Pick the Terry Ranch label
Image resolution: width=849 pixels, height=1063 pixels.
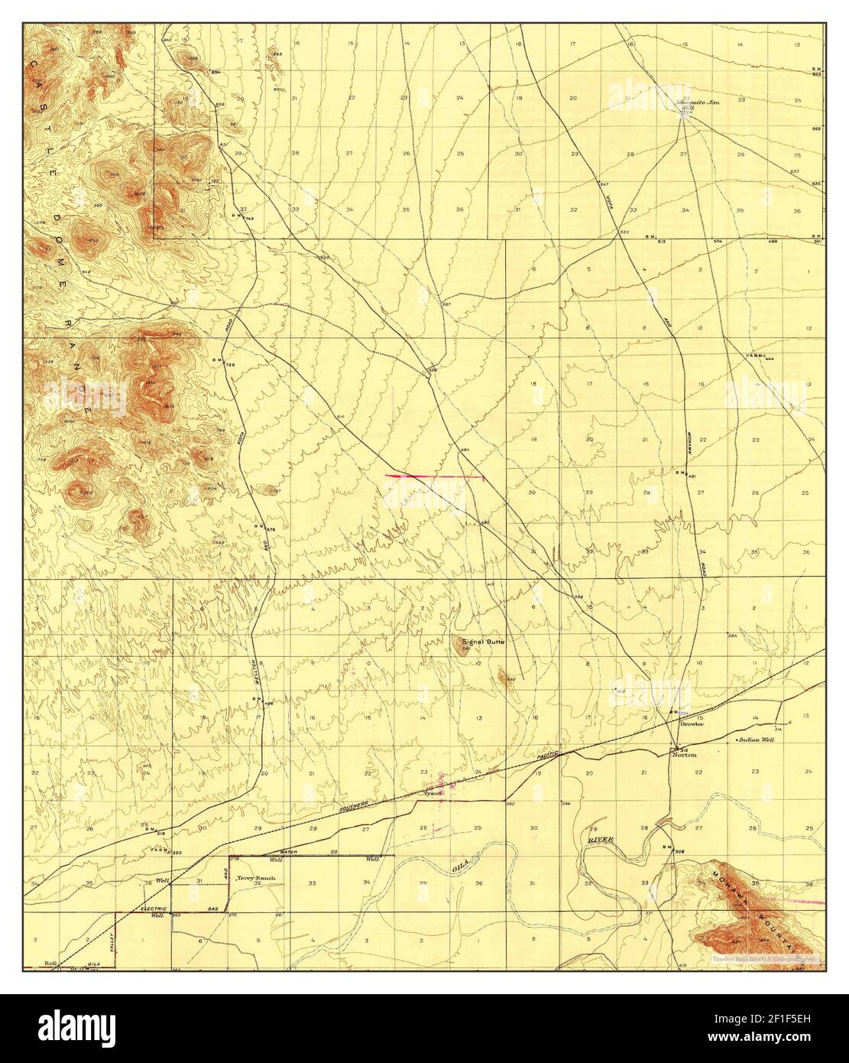tap(255, 878)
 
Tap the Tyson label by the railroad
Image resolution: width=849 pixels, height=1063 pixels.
tap(433, 793)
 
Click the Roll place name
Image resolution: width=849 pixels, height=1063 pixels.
tap(51, 964)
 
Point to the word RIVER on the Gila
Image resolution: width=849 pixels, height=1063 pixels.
tap(601, 840)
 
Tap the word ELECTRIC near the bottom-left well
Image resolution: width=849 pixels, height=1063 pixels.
tap(154, 908)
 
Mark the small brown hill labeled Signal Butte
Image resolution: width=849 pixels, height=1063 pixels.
tap(462, 647)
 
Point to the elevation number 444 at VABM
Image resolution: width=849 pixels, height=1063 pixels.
tap(769, 358)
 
